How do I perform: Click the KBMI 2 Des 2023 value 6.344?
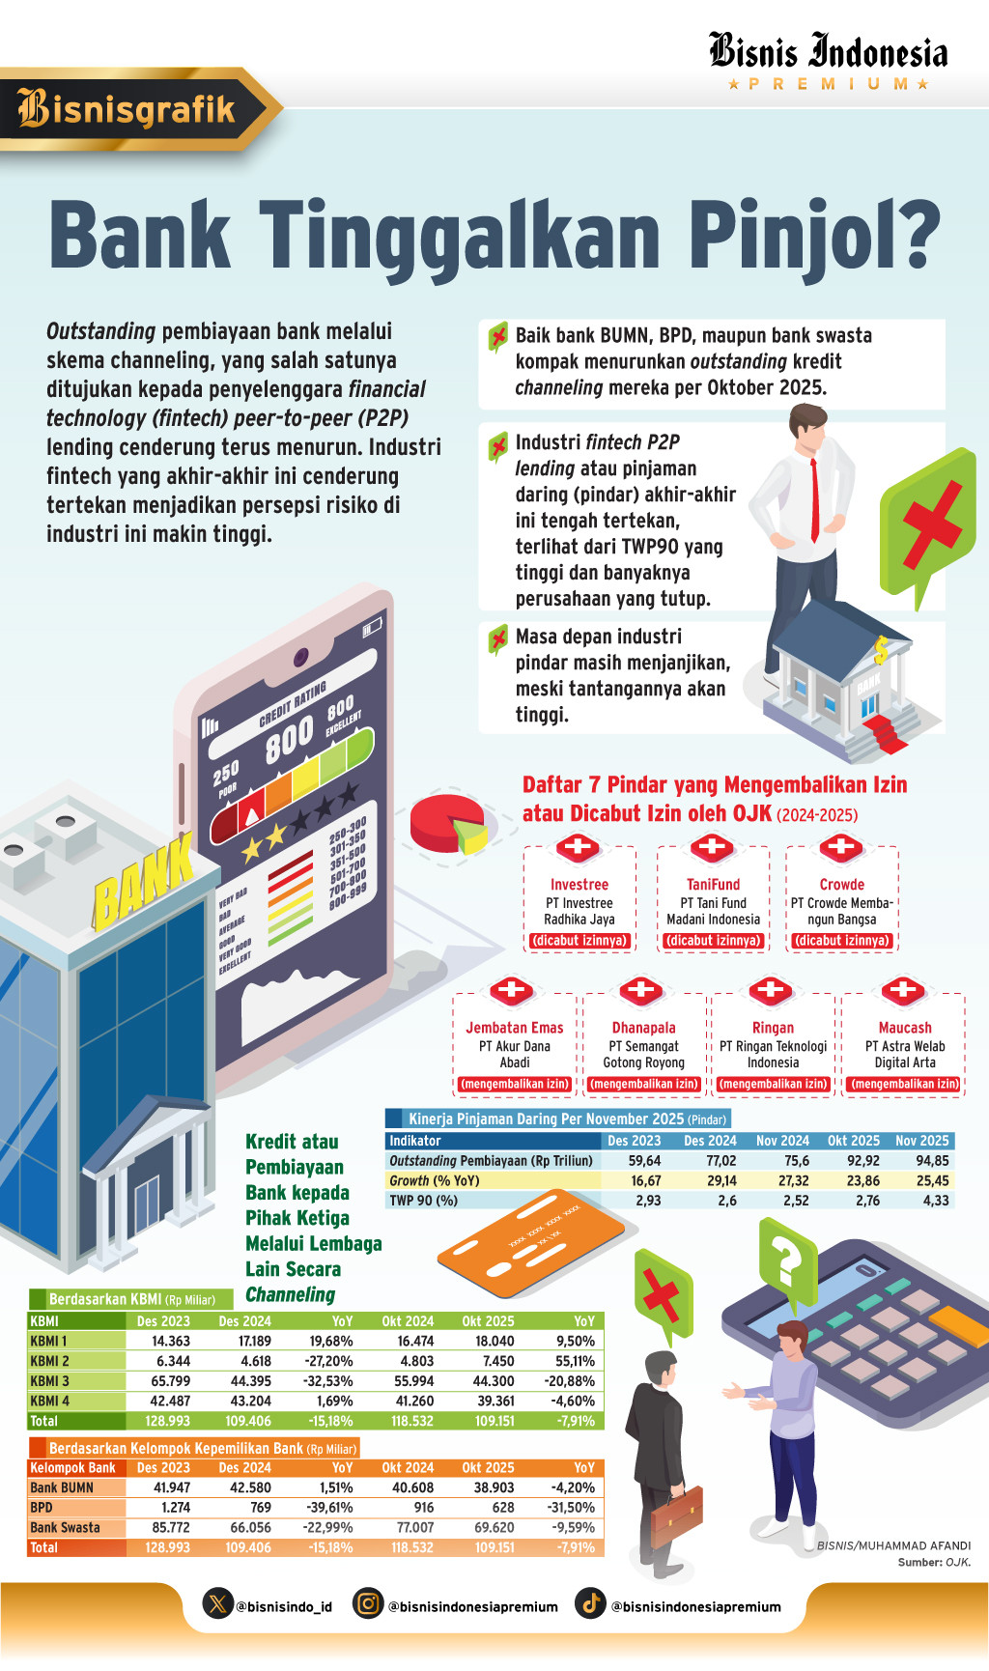click(x=173, y=1361)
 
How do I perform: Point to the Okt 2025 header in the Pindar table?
click(x=853, y=1141)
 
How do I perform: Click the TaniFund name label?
click(x=713, y=885)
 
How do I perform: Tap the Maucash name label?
click(x=904, y=1028)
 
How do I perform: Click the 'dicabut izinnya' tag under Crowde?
click(x=841, y=941)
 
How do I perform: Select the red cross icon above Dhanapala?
click(x=641, y=990)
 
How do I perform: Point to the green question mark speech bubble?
click(x=787, y=1261)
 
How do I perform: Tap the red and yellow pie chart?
click(x=447, y=824)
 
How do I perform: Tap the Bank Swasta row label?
click(x=65, y=1528)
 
